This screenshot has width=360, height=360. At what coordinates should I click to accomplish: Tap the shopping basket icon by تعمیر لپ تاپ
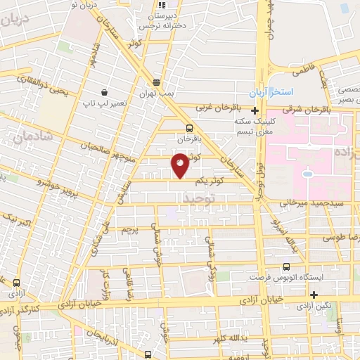pyautogui.click(x=104, y=92)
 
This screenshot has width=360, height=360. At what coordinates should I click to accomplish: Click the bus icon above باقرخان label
pyautogui.click(x=189, y=127)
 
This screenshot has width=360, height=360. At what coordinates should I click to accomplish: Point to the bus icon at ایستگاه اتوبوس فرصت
pyautogui.click(x=285, y=266)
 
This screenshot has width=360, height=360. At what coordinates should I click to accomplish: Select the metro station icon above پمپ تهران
pyautogui.click(x=155, y=81)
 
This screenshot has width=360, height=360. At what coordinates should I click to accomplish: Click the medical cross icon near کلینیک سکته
pyautogui.click(x=255, y=110)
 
